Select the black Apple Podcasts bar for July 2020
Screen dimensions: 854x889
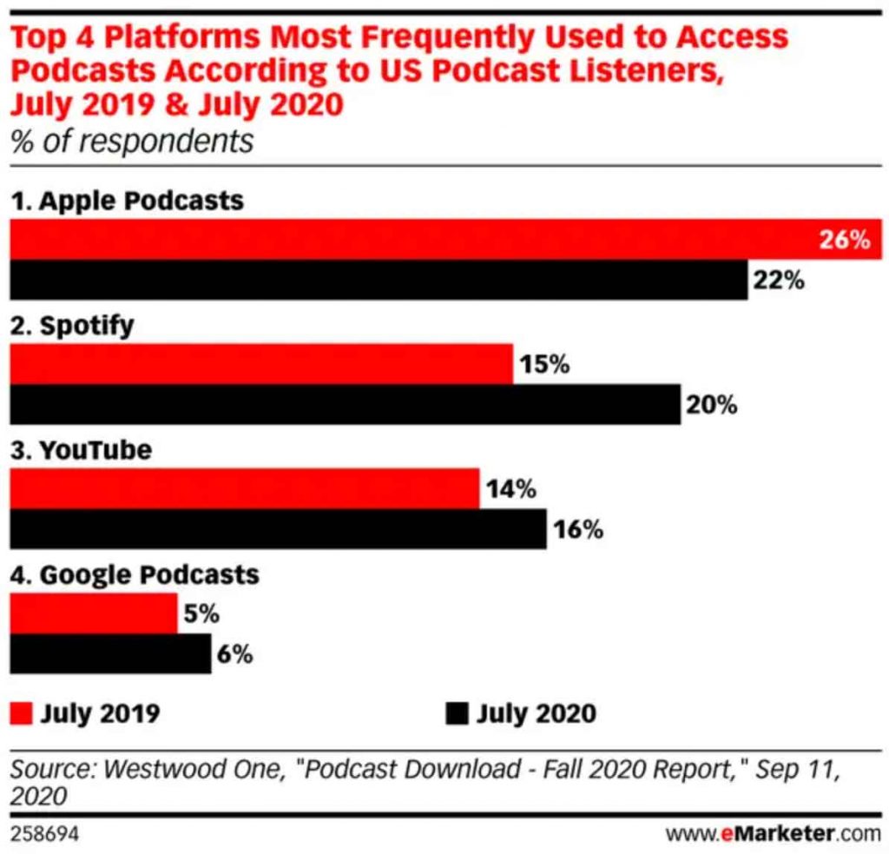[378, 281]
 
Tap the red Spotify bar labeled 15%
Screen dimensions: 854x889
[260, 364]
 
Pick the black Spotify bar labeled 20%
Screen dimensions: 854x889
[345, 405]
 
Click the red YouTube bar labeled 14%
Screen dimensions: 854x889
[244, 488]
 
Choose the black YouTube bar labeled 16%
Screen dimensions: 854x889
[278, 529]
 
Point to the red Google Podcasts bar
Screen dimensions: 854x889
[93, 613]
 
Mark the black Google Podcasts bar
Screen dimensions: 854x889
[110, 654]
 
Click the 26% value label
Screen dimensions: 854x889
[844, 240]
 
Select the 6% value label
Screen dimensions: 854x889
[234, 654]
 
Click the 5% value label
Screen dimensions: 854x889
[201, 613]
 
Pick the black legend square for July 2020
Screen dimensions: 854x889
[457, 713]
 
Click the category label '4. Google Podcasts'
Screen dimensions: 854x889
[135, 575]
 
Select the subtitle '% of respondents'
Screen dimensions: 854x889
[132, 141]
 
